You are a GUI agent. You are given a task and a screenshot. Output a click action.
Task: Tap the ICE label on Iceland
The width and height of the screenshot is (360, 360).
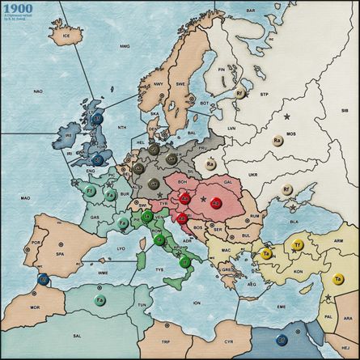(68, 35)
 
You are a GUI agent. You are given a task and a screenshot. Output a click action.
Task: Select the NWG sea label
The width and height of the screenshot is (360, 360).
(125, 46)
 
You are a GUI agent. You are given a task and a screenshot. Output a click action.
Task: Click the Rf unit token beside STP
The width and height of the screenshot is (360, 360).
(240, 94)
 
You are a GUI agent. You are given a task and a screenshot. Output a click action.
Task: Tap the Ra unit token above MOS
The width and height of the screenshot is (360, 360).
(277, 141)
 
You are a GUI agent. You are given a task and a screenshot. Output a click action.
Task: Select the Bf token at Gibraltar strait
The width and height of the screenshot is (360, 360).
(43, 280)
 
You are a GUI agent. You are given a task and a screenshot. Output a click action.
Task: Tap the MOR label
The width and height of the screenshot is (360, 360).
(34, 308)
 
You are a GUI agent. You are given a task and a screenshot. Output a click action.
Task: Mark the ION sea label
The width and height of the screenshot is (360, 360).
(197, 301)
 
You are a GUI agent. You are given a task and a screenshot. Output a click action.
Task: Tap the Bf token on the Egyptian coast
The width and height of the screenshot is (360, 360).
(282, 339)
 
